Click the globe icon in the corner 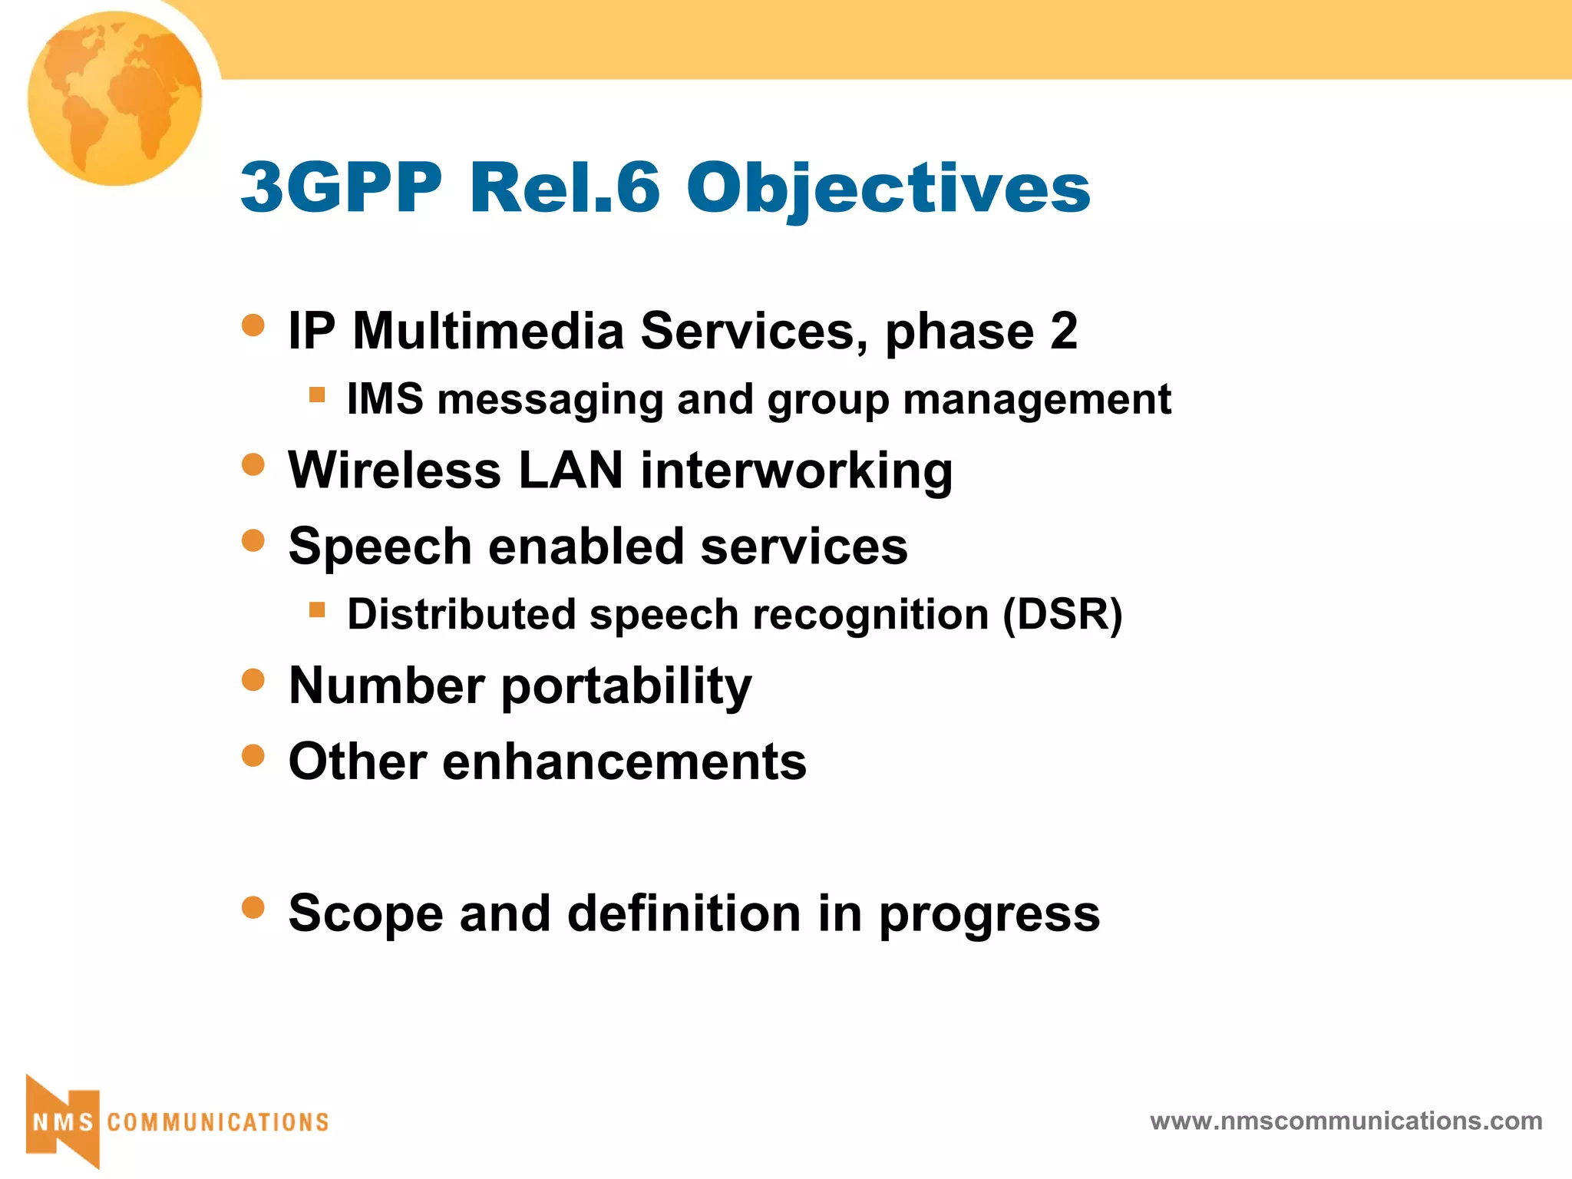(x=115, y=98)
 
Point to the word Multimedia (x=488, y=332)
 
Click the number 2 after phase (x=1064, y=332)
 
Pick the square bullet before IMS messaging (x=317, y=395)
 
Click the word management (x=1037, y=401)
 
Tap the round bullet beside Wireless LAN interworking (x=253, y=464)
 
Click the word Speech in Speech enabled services (x=380, y=548)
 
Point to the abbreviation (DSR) (x=1063, y=616)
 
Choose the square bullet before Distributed (x=317, y=610)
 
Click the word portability (x=626, y=687)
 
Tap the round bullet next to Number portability (x=253, y=679)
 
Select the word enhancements (x=624, y=762)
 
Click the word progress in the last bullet (x=989, y=915)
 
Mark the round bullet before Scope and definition (x=253, y=908)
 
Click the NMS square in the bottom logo (x=63, y=1122)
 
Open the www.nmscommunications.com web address (x=1346, y=1121)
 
